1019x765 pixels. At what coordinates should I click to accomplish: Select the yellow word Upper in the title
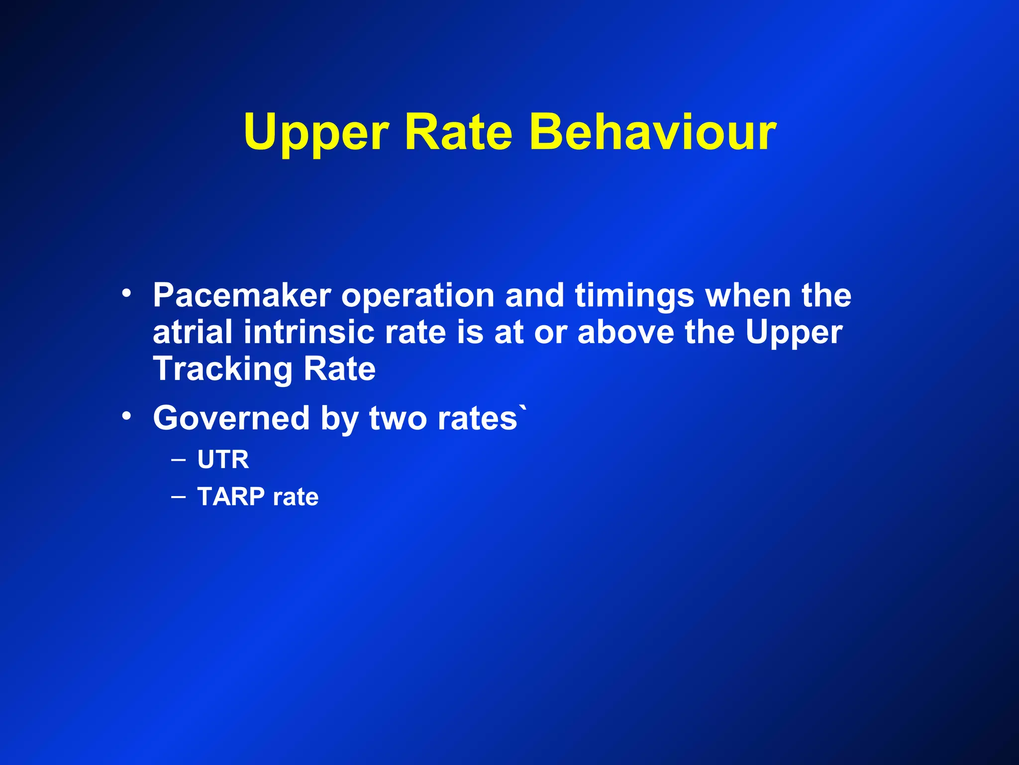tap(316, 132)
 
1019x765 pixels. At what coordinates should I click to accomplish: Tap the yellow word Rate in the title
tap(458, 132)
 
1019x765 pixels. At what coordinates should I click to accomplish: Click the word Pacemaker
tap(242, 295)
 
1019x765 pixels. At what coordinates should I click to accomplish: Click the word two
tap(397, 418)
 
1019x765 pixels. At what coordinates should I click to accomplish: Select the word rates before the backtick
tap(477, 418)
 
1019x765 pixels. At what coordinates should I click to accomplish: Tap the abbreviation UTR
tap(223, 459)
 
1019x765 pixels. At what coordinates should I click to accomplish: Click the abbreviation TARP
tap(231, 497)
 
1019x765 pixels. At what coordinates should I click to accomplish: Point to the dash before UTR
tap(178, 459)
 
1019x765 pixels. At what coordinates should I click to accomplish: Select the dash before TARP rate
tap(178, 496)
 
